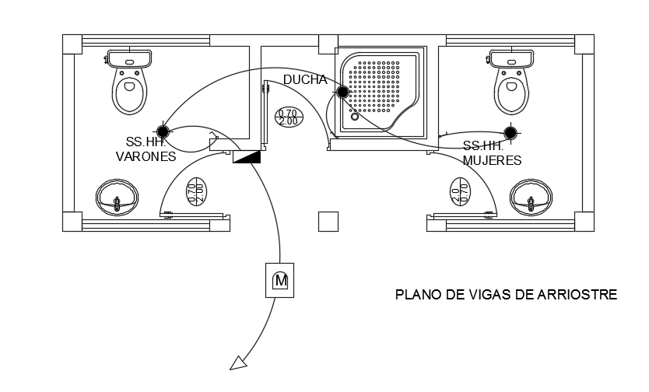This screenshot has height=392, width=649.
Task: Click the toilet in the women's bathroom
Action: pyautogui.click(x=511, y=83)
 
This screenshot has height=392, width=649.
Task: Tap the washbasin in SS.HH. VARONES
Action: pyautogui.click(x=118, y=199)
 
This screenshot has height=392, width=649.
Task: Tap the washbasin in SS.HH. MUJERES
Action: pyautogui.click(x=533, y=199)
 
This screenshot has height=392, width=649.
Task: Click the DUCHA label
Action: pyautogui.click(x=304, y=79)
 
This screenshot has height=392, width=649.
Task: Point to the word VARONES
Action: pyautogui.click(x=146, y=156)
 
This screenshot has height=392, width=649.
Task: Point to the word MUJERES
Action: pyautogui.click(x=491, y=160)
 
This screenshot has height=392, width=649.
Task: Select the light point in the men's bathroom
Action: pyautogui.click(x=163, y=131)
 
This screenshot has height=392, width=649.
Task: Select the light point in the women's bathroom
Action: pyautogui.click(x=510, y=133)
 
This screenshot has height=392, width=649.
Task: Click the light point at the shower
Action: pyautogui.click(x=342, y=93)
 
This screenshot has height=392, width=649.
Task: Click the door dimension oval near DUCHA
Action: pyautogui.click(x=287, y=117)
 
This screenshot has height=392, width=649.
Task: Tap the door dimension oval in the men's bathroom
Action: pyautogui.click(x=195, y=190)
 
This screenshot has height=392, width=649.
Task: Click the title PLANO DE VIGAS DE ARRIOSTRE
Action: pyautogui.click(x=506, y=295)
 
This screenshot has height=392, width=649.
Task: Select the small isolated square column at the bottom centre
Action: pyautogui.click(x=328, y=222)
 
